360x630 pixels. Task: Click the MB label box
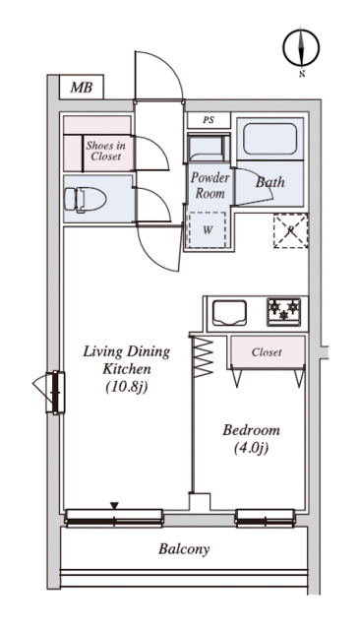(x=82, y=88)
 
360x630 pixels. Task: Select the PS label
(x=209, y=120)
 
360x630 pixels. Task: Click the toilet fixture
(x=86, y=199)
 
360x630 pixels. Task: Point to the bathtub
(x=270, y=139)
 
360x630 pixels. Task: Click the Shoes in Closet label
(x=105, y=151)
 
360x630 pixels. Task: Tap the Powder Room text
(x=210, y=185)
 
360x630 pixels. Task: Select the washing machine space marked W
(x=208, y=229)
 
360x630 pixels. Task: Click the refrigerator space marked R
(x=290, y=230)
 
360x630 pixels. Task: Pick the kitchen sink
(x=229, y=313)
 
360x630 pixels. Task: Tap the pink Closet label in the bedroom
(x=267, y=352)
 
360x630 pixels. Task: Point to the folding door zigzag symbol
(x=203, y=356)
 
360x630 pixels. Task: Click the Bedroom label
(x=251, y=430)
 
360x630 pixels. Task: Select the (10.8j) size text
(x=127, y=388)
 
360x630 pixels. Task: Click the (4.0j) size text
(x=251, y=448)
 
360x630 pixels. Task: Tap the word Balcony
(x=184, y=549)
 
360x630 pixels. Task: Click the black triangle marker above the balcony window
(x=115, y=505)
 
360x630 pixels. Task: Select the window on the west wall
(x=55, y=393)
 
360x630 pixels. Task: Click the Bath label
(x=270, y=182)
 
